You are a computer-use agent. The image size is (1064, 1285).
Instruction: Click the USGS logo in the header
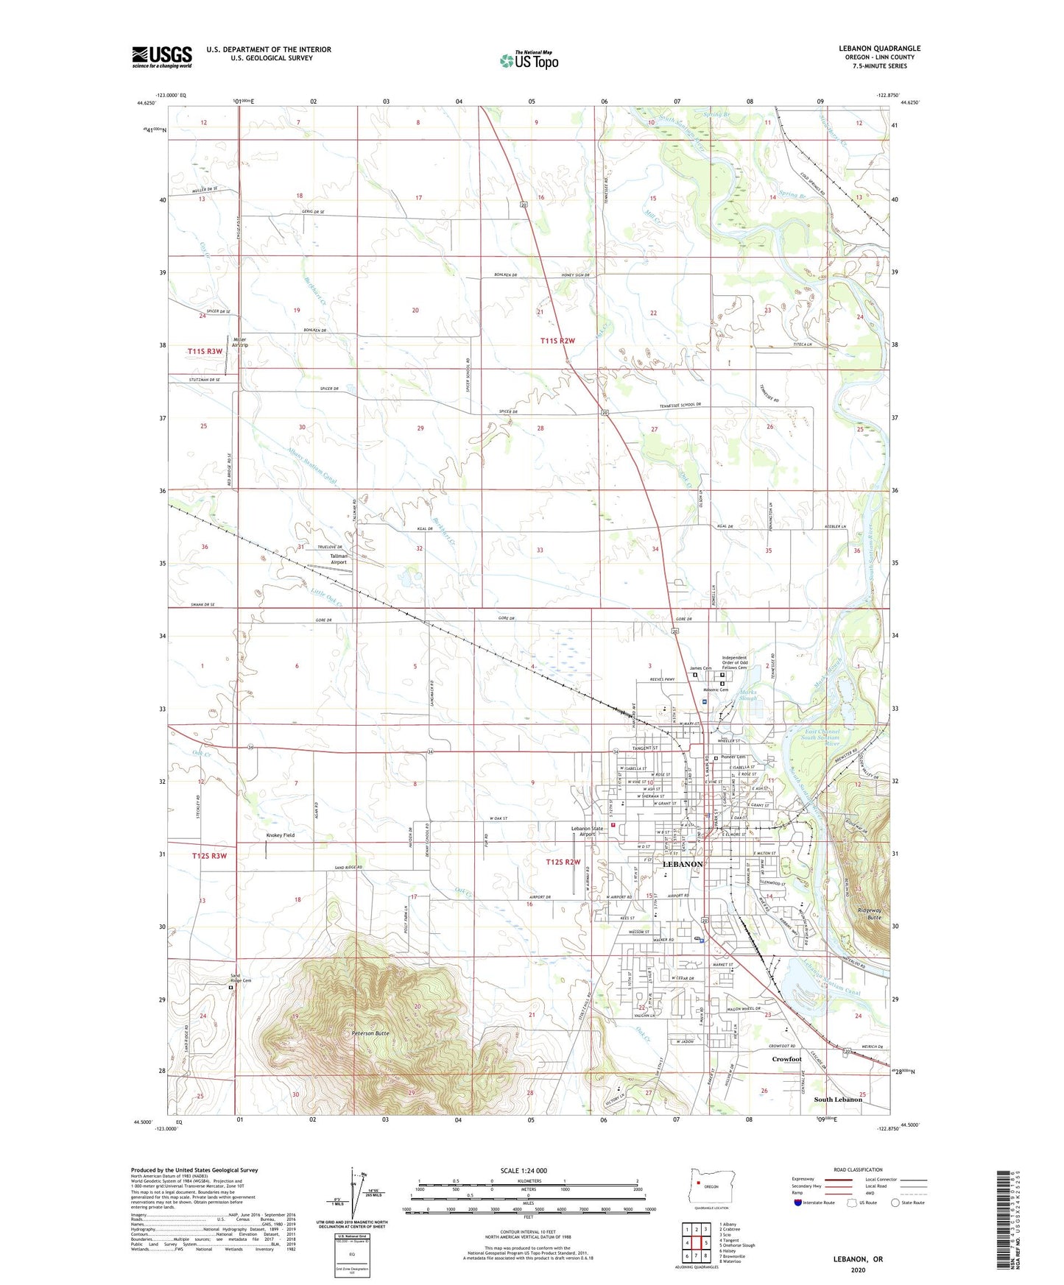coord(162,57)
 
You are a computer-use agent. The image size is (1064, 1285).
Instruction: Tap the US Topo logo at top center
coord(528,60)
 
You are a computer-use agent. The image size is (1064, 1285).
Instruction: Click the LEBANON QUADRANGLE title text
coord(879,49)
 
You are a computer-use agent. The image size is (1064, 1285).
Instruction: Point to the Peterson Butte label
coord(370,1033)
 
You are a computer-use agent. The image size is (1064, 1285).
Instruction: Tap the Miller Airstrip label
coord(240,341)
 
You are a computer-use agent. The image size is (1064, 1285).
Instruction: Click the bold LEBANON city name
coord(683,864)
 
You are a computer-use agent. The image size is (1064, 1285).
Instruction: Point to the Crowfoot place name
coord(786,1059)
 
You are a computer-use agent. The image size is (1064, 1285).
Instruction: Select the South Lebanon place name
coord(837,1100)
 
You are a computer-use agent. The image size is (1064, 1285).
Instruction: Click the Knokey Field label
coord(281,835)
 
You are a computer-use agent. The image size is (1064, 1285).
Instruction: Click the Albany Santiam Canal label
coord(311,467)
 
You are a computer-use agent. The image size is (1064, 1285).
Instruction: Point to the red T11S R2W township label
coord(557,341)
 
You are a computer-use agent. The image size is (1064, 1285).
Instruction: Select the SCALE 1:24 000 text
coord(528,1171)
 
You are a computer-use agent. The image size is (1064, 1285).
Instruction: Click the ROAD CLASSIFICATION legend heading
coord(858,1169)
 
